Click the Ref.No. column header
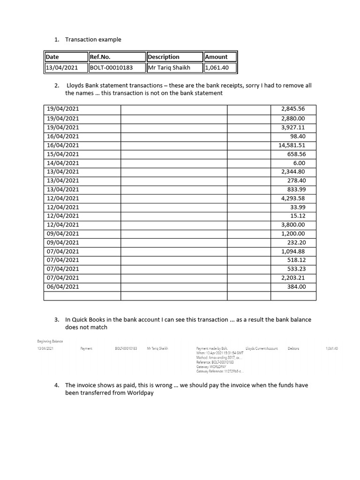pos(100,57)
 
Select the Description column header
pos(164,57)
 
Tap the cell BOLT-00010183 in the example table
pos(111,67)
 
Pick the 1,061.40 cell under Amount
pos(217,67)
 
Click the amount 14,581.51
pos(292,145)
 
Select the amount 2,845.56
pos(293,109)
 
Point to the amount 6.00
pos(298,163)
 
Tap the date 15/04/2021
pos(63,154)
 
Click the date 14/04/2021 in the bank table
pos(63,163)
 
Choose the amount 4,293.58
pos(293,198)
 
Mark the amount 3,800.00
pos(293,225)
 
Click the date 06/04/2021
pos(63,286)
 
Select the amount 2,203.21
pos(293,277)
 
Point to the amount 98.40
pos(297,136)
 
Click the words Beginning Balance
pos(50,341)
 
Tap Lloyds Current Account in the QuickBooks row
pos(262,349)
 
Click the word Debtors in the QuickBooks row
pos(293,349)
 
